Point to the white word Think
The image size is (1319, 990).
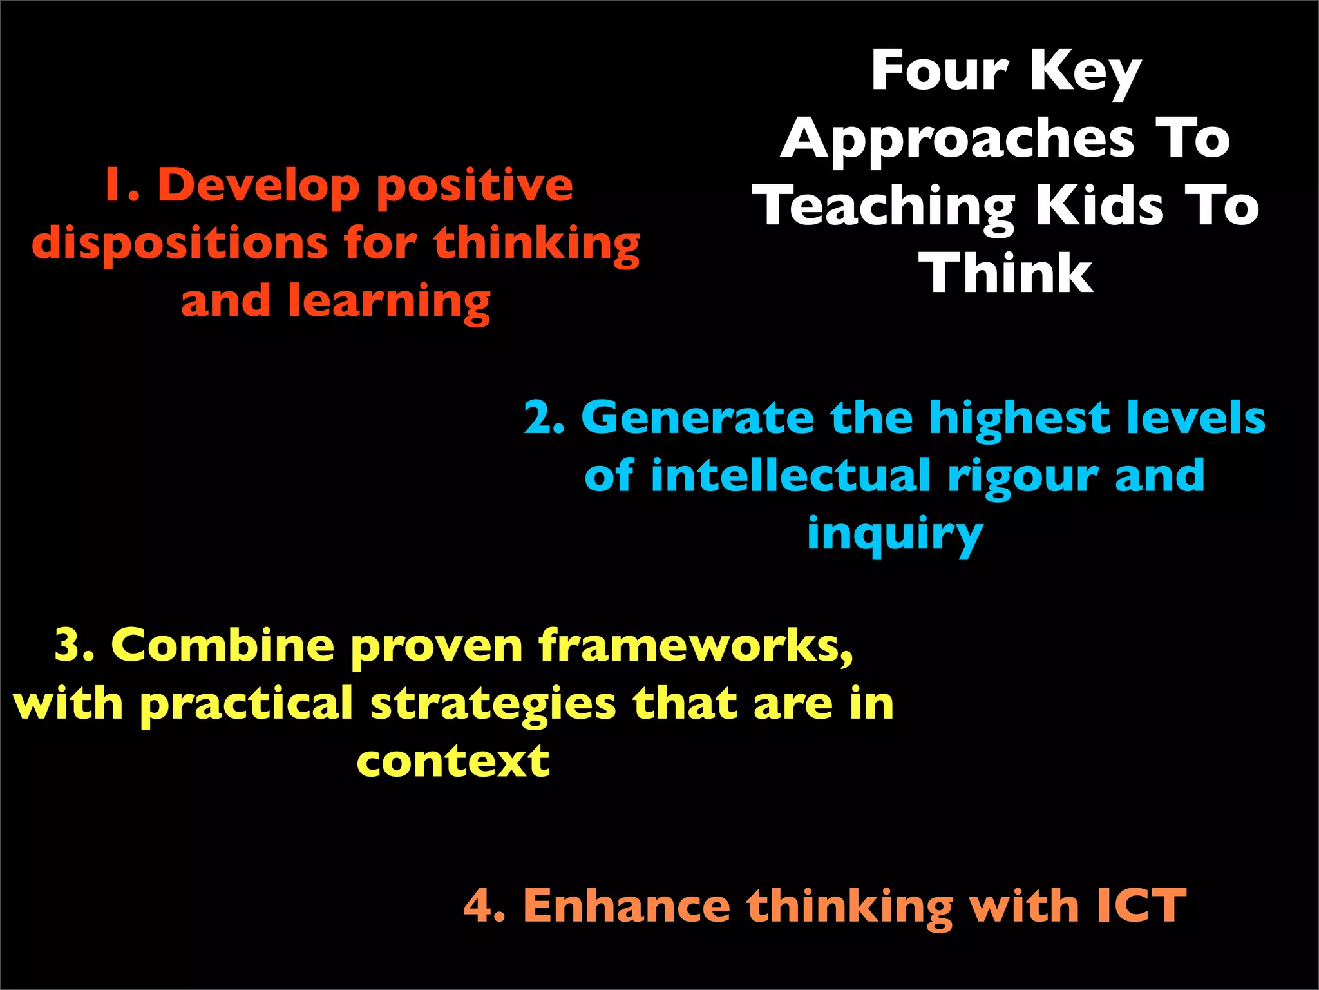(1009, 273)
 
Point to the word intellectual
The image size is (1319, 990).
(790, 476)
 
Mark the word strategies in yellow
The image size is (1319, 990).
(493, 704)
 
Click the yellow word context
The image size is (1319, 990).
(453, 761)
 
